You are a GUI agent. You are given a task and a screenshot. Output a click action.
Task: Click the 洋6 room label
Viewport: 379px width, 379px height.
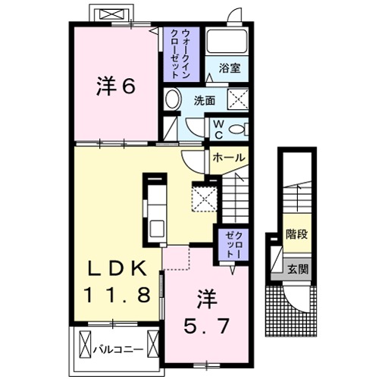click(x=115, y=86)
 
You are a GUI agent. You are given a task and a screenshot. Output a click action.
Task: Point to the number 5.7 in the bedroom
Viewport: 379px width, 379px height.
click(x=206, y=327)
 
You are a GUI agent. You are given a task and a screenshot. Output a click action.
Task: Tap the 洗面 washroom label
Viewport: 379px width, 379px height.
click(x=204, y=99)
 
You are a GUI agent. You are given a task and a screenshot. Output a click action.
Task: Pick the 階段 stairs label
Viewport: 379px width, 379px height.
click(x=296, y=234)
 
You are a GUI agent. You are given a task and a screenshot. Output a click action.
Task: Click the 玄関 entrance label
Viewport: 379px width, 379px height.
click(x=296, y=269)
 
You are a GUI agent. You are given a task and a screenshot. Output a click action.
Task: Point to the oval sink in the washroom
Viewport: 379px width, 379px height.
click(x=173, y=99)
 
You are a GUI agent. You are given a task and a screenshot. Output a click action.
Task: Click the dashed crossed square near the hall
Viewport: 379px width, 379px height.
click(x=205, y=198)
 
